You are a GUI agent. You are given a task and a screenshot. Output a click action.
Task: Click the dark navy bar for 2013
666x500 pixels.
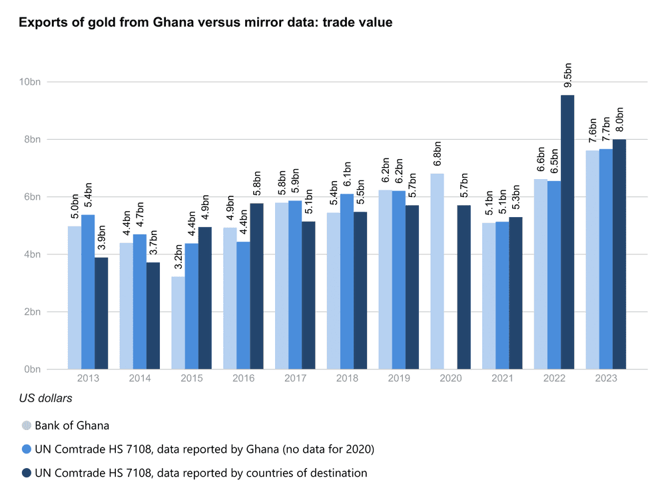pos(101,313)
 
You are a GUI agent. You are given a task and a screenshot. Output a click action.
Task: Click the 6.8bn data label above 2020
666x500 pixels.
pos(438,154)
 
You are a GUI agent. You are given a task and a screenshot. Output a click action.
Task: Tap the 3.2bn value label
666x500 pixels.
pos(178,258)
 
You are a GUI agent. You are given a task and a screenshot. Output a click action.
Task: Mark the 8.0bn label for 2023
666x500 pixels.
pos(619,120)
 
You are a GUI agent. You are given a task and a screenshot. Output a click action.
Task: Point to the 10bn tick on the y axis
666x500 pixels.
pos(31,82)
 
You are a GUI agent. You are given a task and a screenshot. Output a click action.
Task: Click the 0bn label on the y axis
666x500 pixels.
pos(33,369)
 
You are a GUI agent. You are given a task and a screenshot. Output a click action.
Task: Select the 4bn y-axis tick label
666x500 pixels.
pos(33,254)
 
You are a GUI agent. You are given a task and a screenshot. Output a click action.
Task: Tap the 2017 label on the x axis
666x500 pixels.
pos(295,378)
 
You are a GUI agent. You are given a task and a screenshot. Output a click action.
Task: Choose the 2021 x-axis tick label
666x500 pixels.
pos(502,378)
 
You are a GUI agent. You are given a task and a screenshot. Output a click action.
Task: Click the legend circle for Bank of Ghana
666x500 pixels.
pos(27,425)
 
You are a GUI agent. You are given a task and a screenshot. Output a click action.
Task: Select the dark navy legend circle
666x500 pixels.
pos(27,473)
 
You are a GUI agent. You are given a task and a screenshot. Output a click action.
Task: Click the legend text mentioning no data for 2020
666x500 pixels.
pos(204,449)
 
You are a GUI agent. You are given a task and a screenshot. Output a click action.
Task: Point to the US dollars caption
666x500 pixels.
pos(45,399)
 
